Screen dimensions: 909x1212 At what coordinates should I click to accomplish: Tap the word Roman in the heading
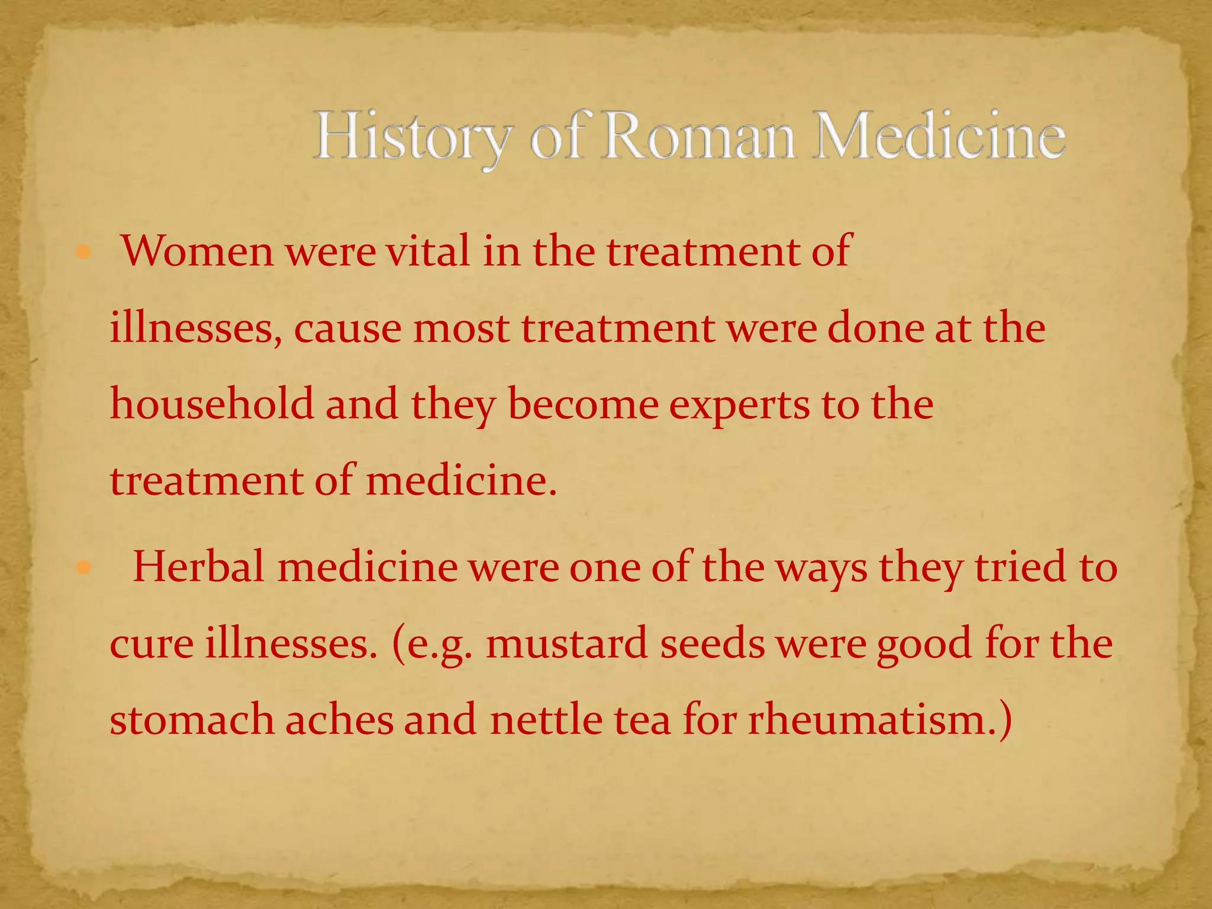(x=698, y=137)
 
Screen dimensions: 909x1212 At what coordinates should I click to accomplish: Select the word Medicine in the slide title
(x=938, y=137)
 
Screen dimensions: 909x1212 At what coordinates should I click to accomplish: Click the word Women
(x=198, y=252)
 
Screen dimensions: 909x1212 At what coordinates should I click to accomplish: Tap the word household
(x=212, y=404)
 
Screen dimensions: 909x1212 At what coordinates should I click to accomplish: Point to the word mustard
(x=566, y=644)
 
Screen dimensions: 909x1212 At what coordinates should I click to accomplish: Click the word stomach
(x=192, y=720)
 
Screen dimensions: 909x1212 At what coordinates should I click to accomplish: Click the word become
(x=583, y=404)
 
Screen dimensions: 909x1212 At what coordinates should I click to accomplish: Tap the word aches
(x=339, y=720)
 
